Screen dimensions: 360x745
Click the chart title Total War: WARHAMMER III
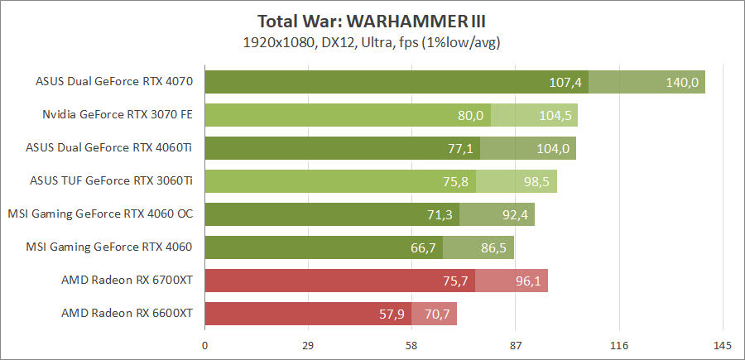tap(372, 21)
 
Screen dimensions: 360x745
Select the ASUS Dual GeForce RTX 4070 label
tap(114, 82)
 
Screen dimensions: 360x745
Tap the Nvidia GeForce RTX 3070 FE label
tap(118, 115)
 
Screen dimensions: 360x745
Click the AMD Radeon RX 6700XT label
tap(127, 281)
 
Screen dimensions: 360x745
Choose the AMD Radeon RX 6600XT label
tap(127, 314)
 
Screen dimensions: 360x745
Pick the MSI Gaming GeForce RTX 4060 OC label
tap(100, 214)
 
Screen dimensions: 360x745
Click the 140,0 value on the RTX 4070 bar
tap(683, 82)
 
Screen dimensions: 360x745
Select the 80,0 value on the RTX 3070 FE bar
tap(470, 115)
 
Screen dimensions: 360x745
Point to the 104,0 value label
tap(554, 148)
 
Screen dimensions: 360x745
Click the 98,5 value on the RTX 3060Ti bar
tap(536, 181)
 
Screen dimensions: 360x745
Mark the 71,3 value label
tap(439, 214)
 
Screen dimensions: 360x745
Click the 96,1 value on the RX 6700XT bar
tap(527, 281)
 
